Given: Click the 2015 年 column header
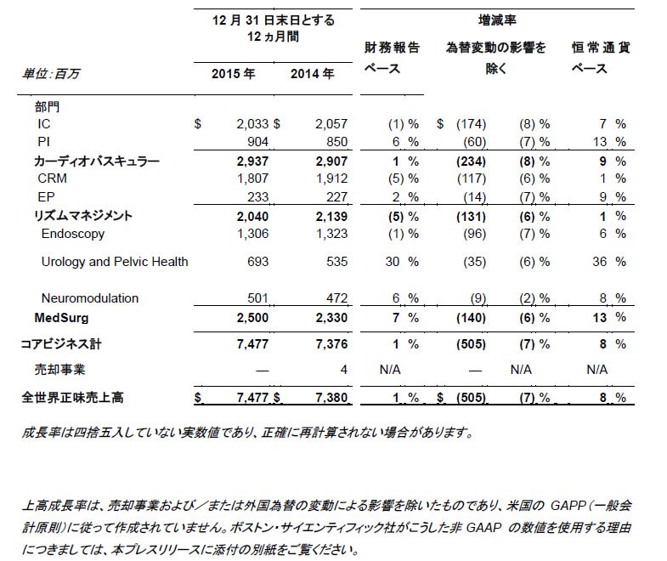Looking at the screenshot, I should point(233,74).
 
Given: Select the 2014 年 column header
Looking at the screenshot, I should point(312,74).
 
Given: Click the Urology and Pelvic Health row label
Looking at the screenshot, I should point(115,262).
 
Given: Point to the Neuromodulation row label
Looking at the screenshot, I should point(89,298).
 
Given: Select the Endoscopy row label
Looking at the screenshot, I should point(72,234).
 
